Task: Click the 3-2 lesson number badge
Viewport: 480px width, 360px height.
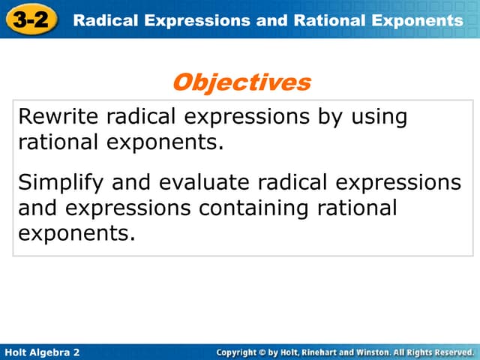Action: pyautogui.click(x=31, y=20)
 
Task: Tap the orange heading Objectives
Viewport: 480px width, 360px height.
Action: pyautogui.click(x=241, y=82)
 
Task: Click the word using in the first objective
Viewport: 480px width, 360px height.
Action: pyautogui.click(x=379, y=117)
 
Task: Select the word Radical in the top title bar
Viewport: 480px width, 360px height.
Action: pyautogui.click(x=101, y=20)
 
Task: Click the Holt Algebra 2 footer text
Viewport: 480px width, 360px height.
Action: pyautogui.click(x=42, y=352)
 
